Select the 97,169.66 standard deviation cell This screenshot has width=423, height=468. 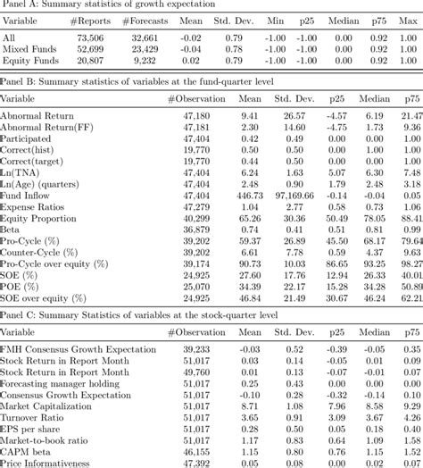295,194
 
